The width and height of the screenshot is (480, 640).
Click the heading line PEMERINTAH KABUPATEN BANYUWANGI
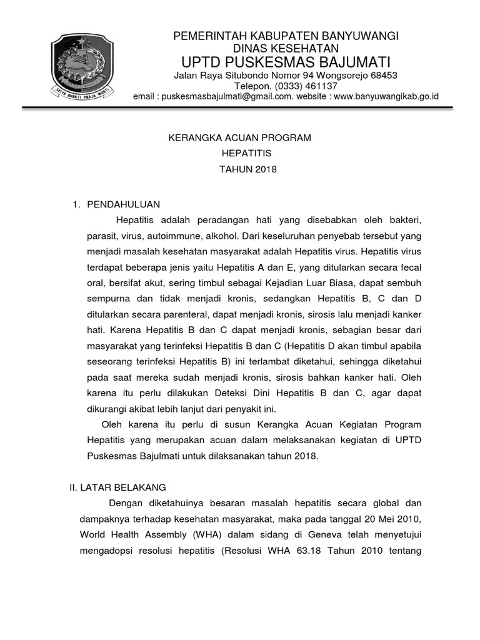coord(286,36)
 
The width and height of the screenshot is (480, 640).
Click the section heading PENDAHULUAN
coord(124,204)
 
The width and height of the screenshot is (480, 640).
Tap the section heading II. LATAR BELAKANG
coord(117,487)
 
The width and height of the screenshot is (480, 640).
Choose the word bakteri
coord(406,221)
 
